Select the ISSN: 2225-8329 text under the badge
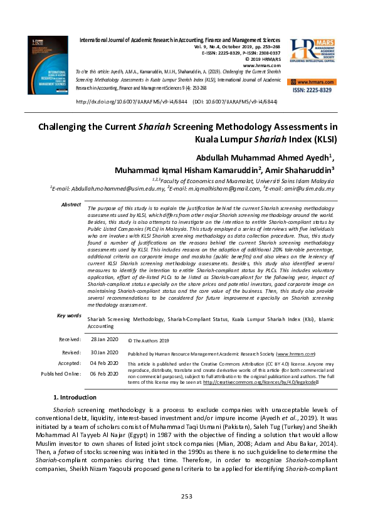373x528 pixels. pyautogui.click(x=313, y=91)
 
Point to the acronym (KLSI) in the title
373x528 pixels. pyautogui.click(x=321, y=139)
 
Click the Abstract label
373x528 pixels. pyautogui.click(x=71, y=205)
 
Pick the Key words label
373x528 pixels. pyautogui.click(x=69, y=315)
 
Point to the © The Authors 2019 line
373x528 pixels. pyautogui.click(x=149, y=341)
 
